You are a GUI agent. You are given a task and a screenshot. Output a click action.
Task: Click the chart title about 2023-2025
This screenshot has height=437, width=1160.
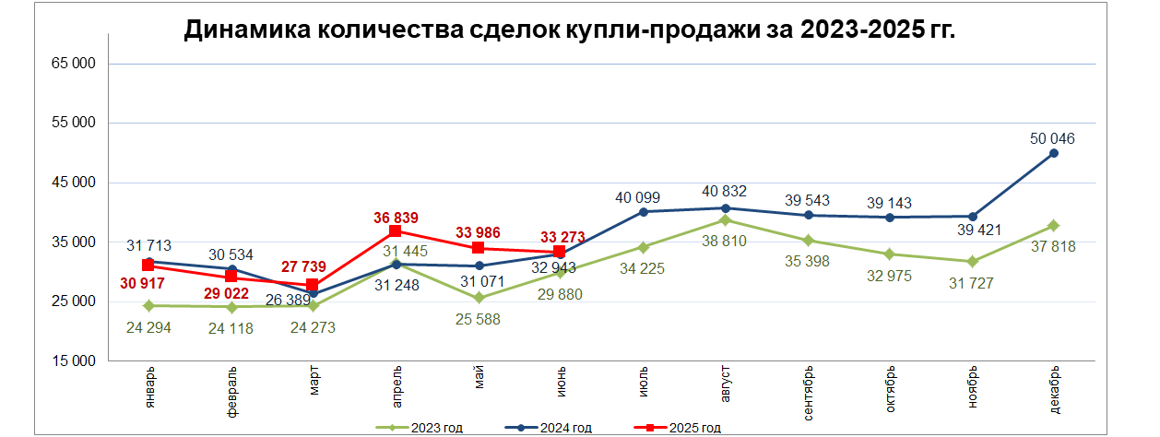[570, 30]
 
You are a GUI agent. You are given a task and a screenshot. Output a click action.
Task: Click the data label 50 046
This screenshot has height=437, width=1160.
[1052, 139]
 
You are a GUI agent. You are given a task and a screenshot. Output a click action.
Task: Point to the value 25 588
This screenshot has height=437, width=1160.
[478, 319]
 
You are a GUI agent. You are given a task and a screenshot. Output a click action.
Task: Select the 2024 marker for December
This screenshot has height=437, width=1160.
[1054, 153]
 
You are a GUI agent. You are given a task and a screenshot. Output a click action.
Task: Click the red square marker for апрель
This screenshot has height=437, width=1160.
[395, 231]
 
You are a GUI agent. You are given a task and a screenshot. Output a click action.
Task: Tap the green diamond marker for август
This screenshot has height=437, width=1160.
[725, 219]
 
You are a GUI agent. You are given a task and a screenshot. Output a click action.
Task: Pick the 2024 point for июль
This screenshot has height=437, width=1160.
[643, 212]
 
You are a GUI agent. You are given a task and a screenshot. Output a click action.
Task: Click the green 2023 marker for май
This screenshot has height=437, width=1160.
[478, 298]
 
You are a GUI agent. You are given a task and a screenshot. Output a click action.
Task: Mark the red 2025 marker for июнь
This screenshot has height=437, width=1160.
[560, 252]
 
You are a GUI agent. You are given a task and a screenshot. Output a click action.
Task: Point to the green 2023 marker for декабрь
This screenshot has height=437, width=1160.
[1054, 226]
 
